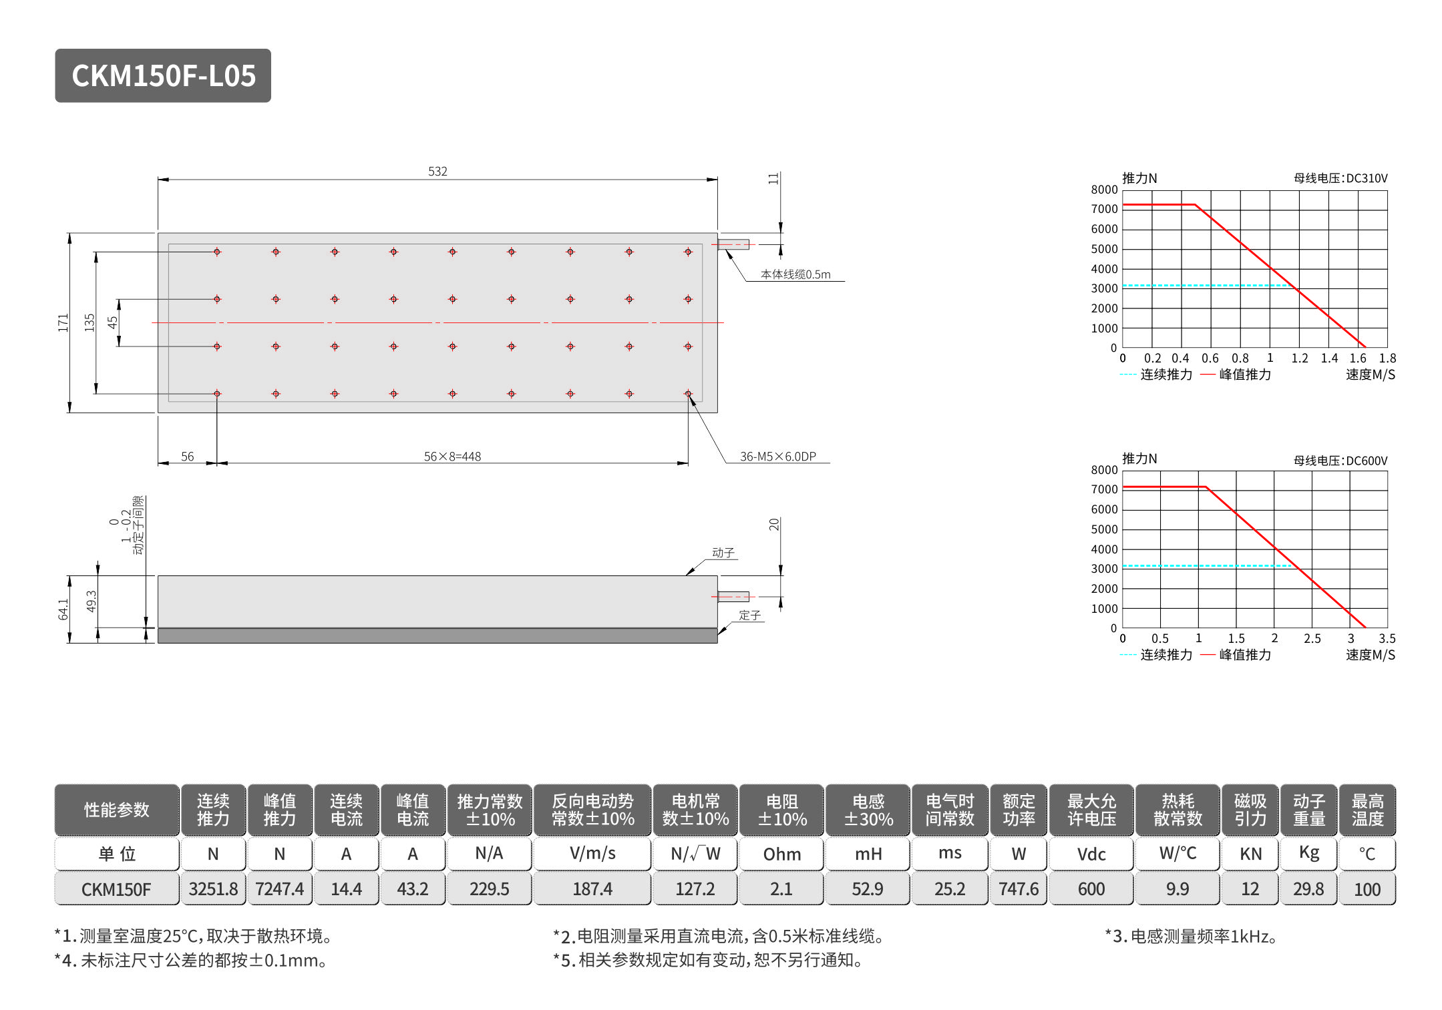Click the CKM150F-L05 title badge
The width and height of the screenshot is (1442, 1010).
pyautogui.click(x=163, y=75)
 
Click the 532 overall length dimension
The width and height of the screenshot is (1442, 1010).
pyautogui.click(x=437, y=172)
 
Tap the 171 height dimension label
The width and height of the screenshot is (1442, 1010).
pyautogui.click(x=63, y=322)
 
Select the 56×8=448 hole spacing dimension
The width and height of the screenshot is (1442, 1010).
pyautogui.click(x=452, y=457)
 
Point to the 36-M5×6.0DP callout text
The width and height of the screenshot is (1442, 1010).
pyautogui.click(x=777, y=457)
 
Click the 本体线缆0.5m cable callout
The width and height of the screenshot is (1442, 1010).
pyautogui.click(x=795, y=274)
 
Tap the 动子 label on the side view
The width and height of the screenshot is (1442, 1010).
pyautogui.click(x=723, y=553)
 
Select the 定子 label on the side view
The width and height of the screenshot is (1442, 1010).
pyautogui.click(x=749, y=615)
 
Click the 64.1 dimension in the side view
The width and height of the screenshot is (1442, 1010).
pyautogui.click(x=63, y=609)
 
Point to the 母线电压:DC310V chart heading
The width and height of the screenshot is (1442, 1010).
pyautogui.click(x=1340, y=178)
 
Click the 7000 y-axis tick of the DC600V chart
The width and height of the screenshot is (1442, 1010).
pyautogui.click(x=1104, y=489)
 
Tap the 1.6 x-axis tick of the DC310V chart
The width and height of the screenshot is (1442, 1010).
pyautogui.click(x=1358, y=358)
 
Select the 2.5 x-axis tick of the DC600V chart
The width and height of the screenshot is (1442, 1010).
pyautogui.click(x=1312, y=639)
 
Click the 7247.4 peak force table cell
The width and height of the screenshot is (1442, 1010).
pyautogui.click(x=279, y=889)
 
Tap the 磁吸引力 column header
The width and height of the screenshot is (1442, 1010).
pyautogui.click(x=1250, y=810)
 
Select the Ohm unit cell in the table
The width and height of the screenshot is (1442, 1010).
pyautogui.click(x=781, y=854)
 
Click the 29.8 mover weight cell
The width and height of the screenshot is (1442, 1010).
pyautogui.click(x=1308, y=889)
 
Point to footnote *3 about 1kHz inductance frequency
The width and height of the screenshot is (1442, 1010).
pyautogui.click(x=1191, y=937)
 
